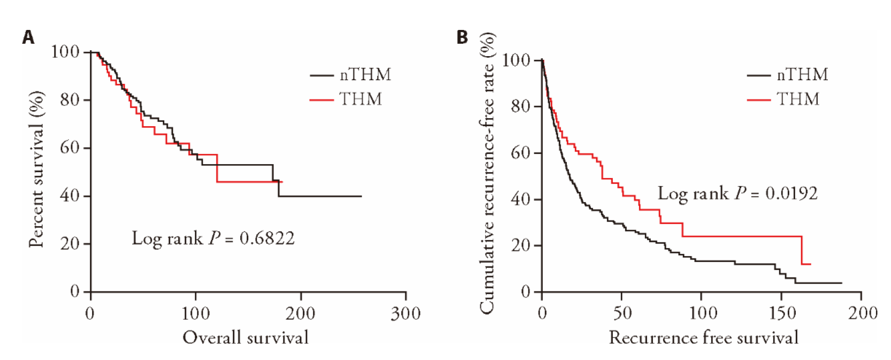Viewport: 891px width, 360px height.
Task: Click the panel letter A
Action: (x=28, y=37)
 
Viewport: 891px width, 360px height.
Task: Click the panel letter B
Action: (x=462, y=37)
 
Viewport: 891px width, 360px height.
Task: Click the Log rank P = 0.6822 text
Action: (x=213, y=238)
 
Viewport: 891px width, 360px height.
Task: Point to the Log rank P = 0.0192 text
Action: (x=737, y=193)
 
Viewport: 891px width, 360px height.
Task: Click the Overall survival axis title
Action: (x=245, y=338)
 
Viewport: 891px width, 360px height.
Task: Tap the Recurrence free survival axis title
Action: (x=703, y=338)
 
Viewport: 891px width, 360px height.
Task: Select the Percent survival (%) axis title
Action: (x=36, y=169)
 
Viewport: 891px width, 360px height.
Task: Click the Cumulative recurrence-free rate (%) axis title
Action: (x=487, y=173)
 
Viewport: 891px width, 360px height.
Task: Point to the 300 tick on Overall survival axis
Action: (x=405, y=313)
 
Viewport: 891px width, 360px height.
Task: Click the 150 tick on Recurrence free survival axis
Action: (x=782, y=313)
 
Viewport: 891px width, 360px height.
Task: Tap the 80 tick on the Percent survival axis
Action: (x=70, y=99)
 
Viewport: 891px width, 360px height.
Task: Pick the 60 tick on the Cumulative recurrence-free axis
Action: (x=520, y=153)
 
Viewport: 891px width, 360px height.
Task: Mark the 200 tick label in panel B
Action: (x=862, y=313)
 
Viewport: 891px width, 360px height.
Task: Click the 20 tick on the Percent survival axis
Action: (x=70, y=244)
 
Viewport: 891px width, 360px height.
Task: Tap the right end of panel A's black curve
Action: (x=362, y=196)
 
